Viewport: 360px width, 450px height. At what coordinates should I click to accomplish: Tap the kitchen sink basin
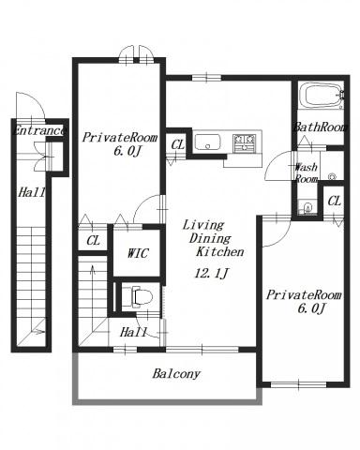(x=207, y=142)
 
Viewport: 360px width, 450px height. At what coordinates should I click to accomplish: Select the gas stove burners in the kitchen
(x=246, y=142)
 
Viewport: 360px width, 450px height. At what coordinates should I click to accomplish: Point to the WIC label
(x=138, y=253)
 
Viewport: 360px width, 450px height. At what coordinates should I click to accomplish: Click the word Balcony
(x=176, y=374)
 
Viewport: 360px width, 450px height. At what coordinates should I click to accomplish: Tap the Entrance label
(x=39, y=130)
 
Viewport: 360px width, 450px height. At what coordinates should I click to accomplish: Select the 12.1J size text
(x=211, y=274)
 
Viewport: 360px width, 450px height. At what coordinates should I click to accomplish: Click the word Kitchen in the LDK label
(x=219, y=252)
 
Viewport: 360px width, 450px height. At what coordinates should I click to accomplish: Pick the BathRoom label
(x=320, y=127)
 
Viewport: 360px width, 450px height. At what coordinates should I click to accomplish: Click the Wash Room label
(x=307, y=172)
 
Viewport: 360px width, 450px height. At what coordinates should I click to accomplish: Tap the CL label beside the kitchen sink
(x=178, y=144)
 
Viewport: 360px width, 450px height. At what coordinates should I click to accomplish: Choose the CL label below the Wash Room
(x=334, y=201)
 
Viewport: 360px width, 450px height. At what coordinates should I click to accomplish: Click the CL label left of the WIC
(x=93, y=241)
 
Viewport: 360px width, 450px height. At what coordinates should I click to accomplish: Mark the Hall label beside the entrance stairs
(x=32, y=192)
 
